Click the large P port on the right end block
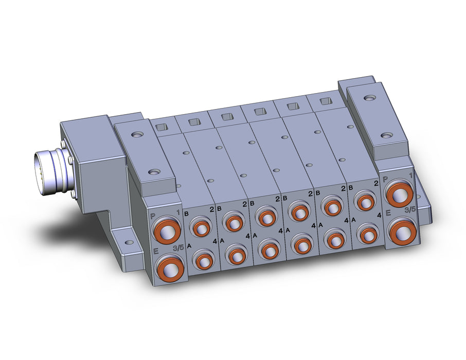point(399,193)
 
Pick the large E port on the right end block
point(403,230)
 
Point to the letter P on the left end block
point(152,216)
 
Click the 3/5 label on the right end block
point(410,210)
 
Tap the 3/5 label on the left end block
point(178,248)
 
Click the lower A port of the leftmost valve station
point(204,260)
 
